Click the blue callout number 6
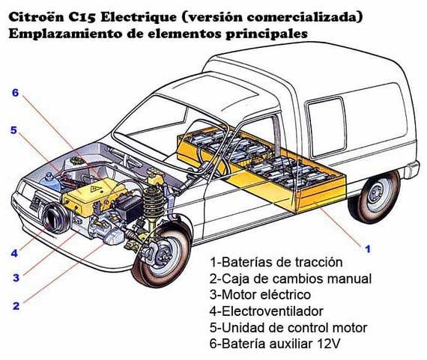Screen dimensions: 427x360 coord(15,93)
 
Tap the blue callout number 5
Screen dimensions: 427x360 coord(13,130)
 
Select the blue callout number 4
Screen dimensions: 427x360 coord(14,253)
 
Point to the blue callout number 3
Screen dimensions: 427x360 coord(16,278)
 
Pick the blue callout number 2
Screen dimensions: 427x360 coord(16,306)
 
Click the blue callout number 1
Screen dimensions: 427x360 coord(368,248)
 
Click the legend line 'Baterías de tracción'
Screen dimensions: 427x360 coord(276,262)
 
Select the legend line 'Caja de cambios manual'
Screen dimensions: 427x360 coord(291,278)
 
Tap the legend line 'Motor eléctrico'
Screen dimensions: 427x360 coord(260,295)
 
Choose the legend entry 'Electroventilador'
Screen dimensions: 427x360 coord(267,311)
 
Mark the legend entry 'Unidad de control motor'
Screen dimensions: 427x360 coord(288,328)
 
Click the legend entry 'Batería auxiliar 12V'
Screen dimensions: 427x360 coord(275,344)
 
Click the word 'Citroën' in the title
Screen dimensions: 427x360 coord(36,17)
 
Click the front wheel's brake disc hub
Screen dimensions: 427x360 coord(163,255)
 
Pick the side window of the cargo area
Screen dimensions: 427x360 coord(326,127)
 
